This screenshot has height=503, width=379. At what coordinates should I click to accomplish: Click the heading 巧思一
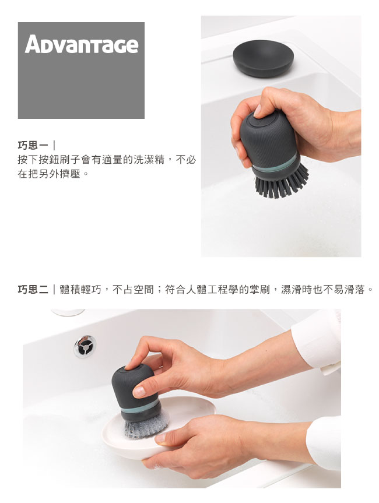pos(33,146)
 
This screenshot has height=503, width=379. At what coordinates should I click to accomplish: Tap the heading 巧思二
pos(33,290)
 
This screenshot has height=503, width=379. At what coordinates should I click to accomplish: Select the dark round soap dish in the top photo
pos(263,58)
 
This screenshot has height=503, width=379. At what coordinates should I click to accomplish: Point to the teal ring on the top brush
pos(276,164)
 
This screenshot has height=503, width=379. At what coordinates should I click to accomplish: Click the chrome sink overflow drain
pos(85,346)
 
